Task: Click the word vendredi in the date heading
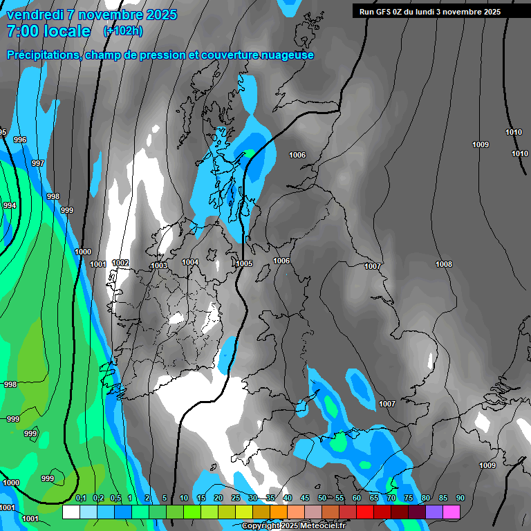[35, 15]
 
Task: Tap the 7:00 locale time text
[48, 31]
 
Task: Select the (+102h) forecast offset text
[123, 31]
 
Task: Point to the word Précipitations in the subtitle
[42, 55]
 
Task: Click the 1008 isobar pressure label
[444, 265]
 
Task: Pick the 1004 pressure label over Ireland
[190, 263]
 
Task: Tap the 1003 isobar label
[159, 265]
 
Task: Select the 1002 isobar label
[120, 263]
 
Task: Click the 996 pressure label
[20, 140]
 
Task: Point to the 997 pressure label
[38, 164]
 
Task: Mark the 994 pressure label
[9, 206]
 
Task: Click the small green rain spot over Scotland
[249, 153]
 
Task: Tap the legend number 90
[460, 499]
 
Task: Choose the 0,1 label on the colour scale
[81, 499]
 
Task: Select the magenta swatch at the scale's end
[451, 512]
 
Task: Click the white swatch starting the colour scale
[71, 512]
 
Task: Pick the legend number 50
[322, 499]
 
